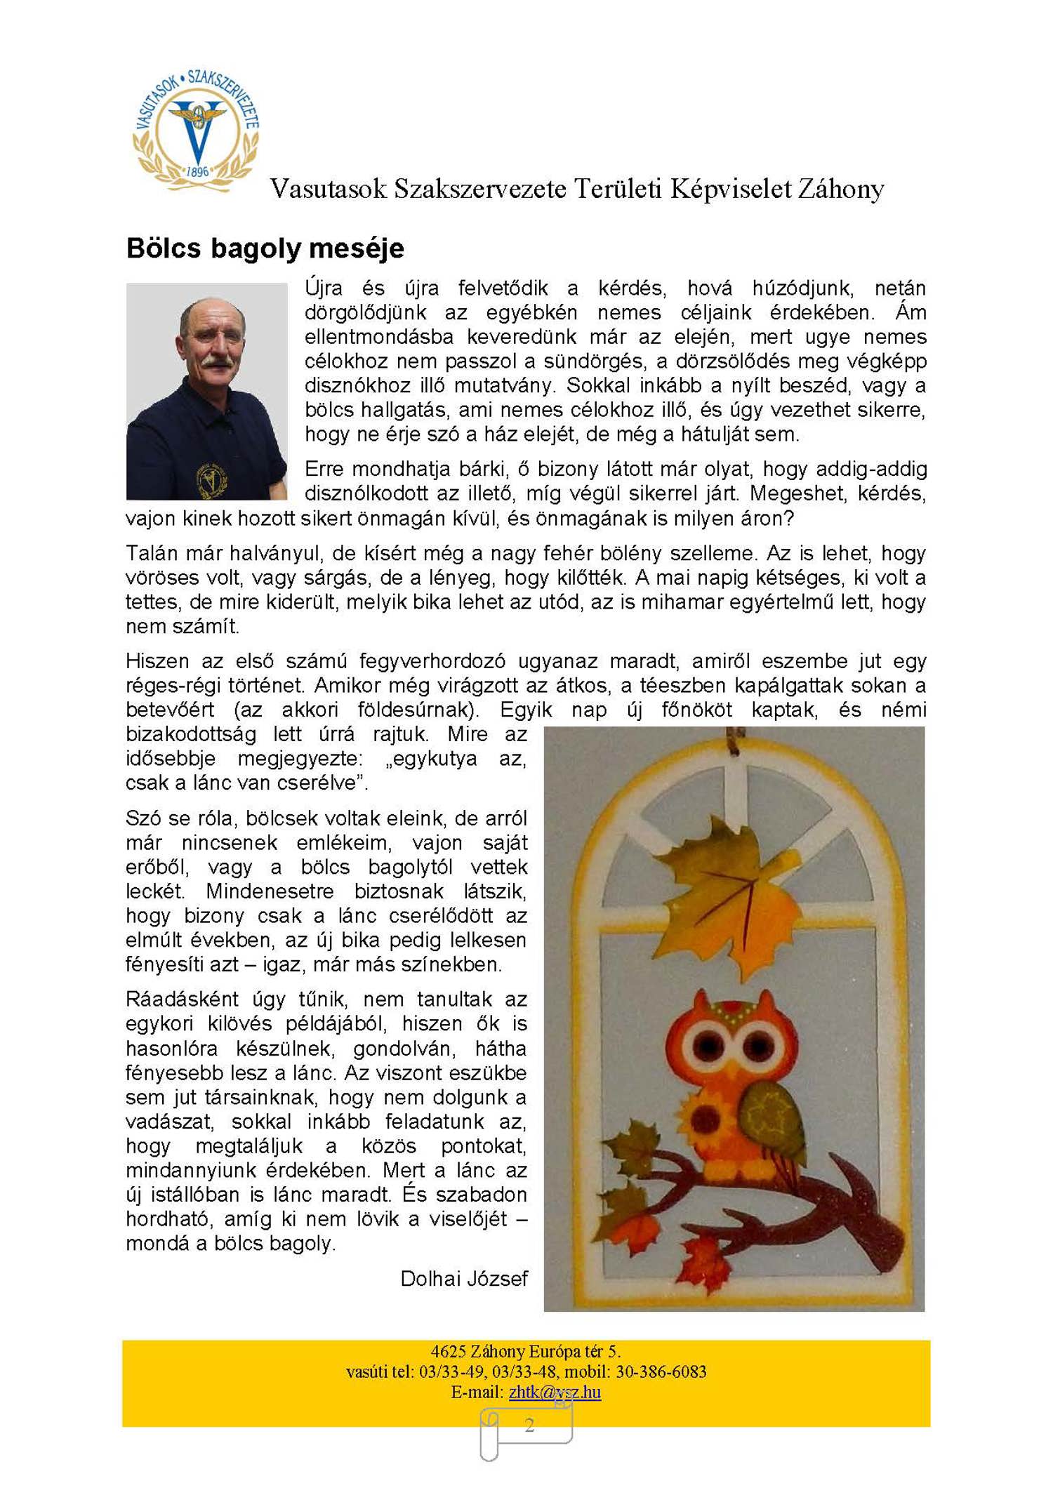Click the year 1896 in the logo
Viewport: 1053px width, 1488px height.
click(x=198, y=171)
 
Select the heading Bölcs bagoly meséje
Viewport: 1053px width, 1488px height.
click(x=265, y=248)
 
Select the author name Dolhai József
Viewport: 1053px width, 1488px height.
click(x=463, y=1278)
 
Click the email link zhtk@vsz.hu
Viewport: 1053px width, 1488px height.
click(x=555, y=1392)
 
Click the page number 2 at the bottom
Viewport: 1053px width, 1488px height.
click(x=529, y=1425)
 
